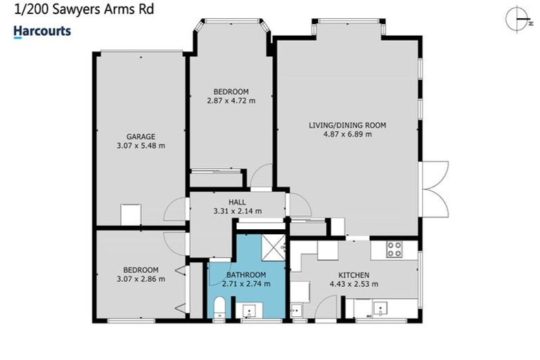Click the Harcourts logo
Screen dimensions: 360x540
(x=42, y=31)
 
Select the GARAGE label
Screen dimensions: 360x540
(x=141, y=136)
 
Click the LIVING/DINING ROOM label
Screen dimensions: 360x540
(x=348, y=125)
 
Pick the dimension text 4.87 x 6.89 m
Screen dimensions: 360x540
(x=348, y=135)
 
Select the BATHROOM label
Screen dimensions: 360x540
(x=246, y=274)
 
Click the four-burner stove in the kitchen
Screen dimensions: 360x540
(x=394, y=248)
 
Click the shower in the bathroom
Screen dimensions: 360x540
(x=272, y=246)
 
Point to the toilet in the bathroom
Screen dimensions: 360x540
(x=219, y=308)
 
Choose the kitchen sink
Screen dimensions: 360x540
(x=380, y=308)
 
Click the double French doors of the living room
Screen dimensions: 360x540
(x=435, y=189)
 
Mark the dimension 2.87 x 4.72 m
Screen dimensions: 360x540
(x=231, y=101)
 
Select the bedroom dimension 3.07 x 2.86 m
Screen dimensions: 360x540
(x=141, y=279)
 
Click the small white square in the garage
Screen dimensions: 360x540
(x=131, y=214)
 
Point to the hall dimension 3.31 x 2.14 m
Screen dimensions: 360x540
(x=237, y=210)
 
